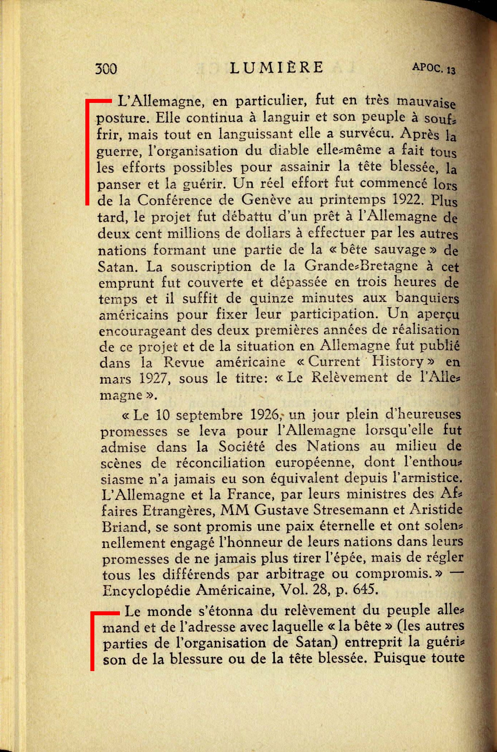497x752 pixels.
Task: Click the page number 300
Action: point(106,68)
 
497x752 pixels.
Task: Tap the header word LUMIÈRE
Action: point(277,67)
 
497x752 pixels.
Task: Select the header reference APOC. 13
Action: point(434,68)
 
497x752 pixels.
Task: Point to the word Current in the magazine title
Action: point(334,362)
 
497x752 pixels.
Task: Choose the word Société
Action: point(242,447)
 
